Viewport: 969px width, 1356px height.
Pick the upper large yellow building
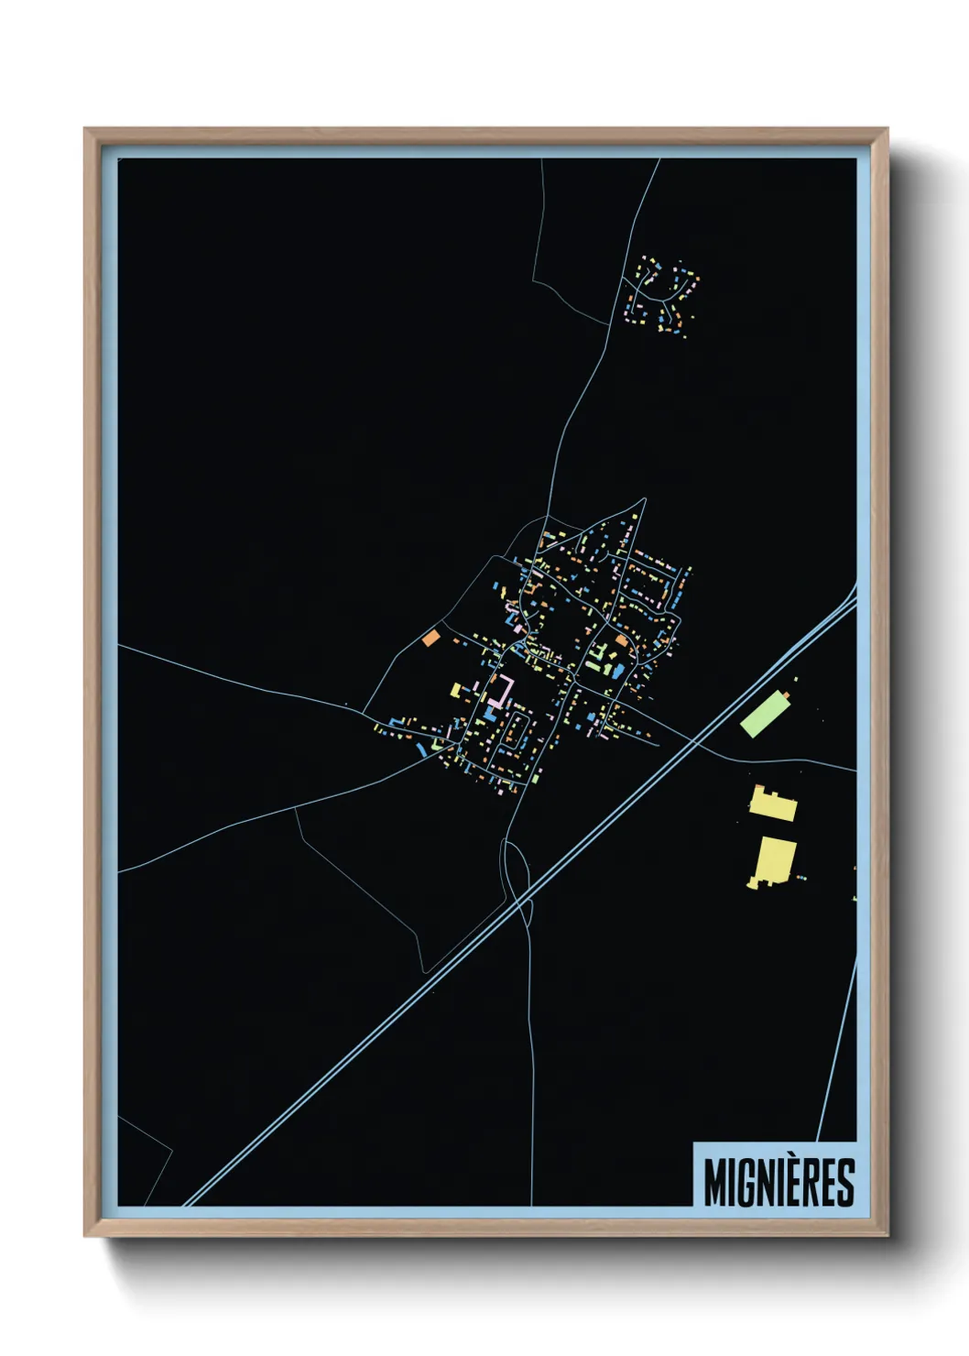coord(774,805)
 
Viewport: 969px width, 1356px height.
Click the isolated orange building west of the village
coord(430,638)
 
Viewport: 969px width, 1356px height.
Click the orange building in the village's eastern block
coord(622,640)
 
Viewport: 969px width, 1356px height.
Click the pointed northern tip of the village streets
coord(644,499)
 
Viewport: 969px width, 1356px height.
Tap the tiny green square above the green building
coord(795,679)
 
